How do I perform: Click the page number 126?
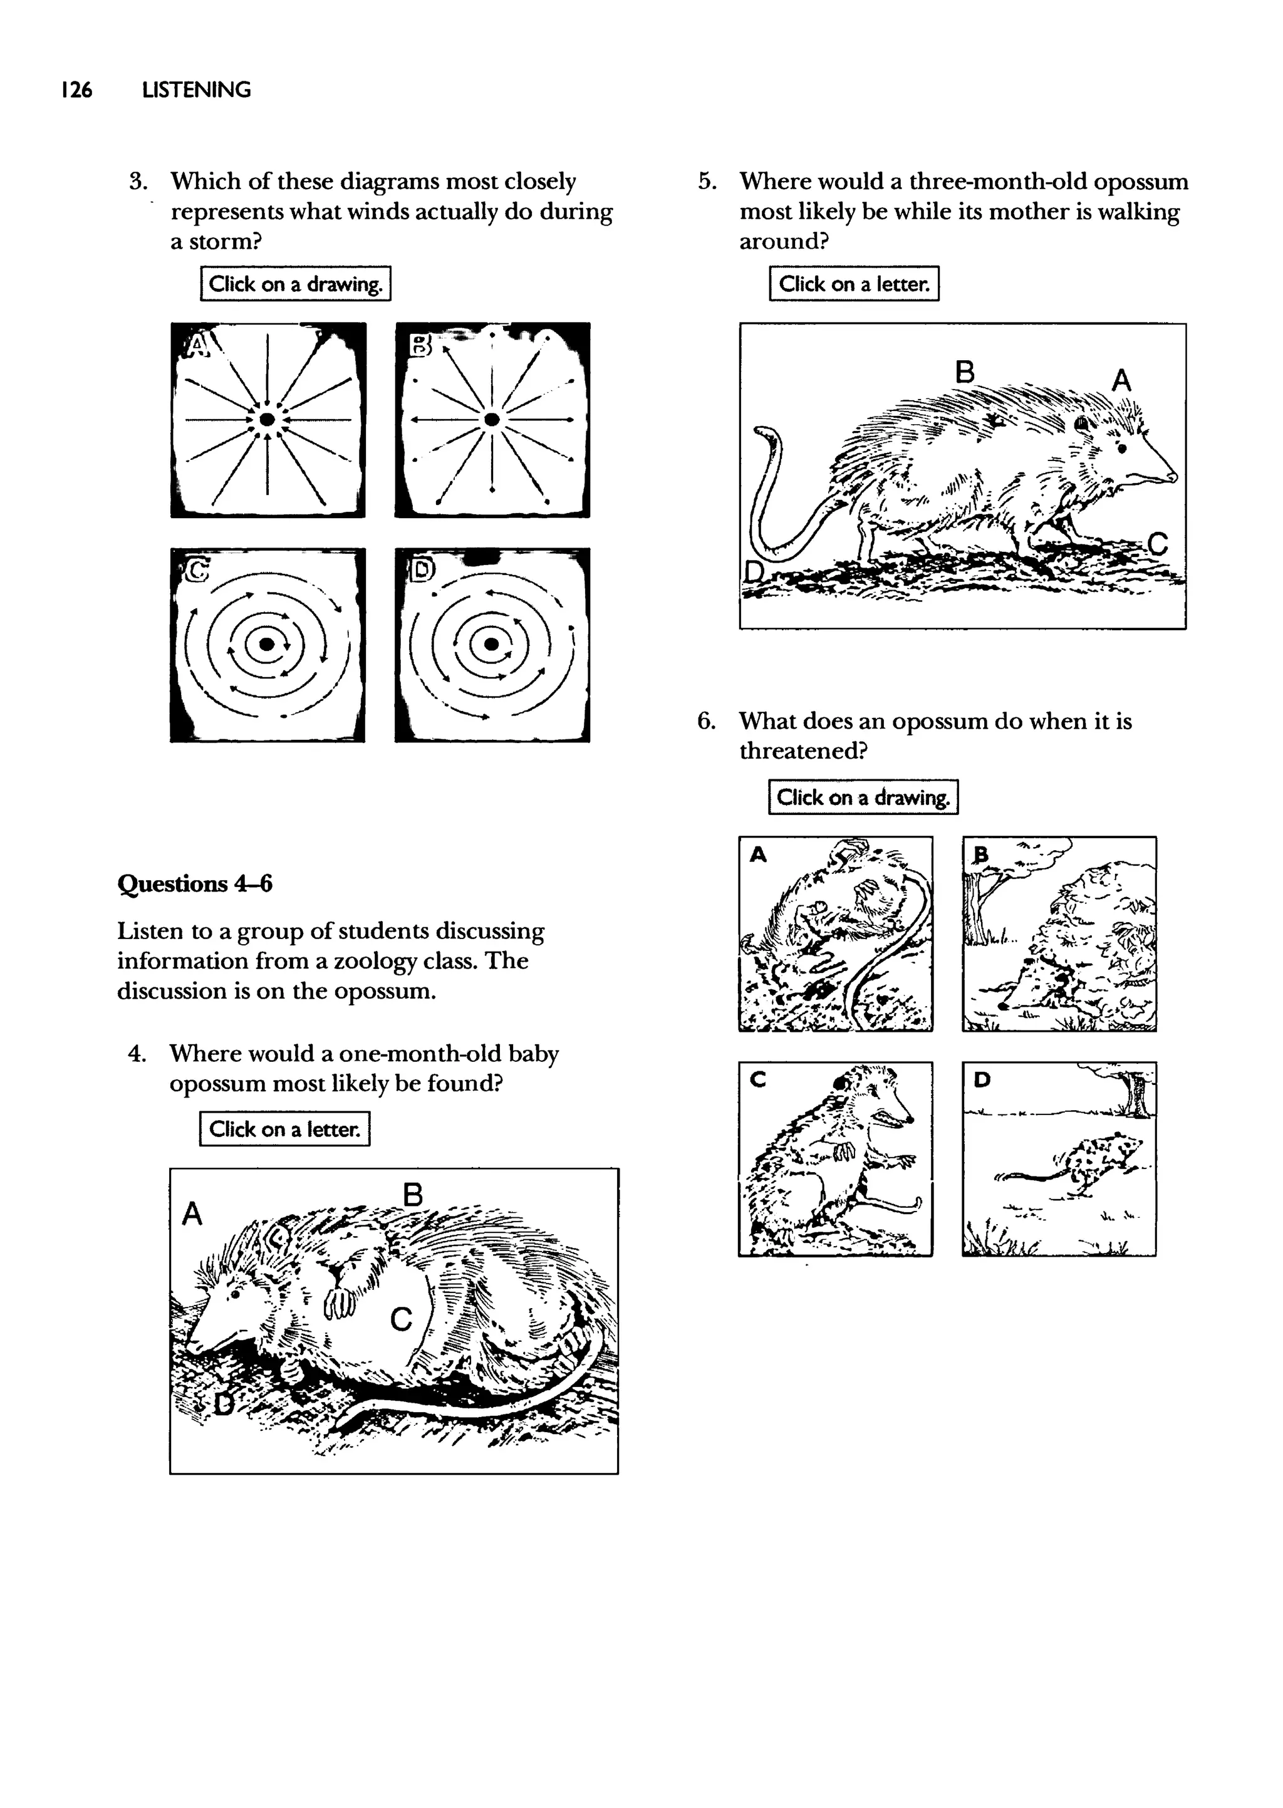[76, 90]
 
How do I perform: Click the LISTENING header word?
[196, 90]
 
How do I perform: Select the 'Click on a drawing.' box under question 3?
[296, 284]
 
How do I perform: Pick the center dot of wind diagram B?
[491, 418]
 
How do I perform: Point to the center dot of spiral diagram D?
[491, 645]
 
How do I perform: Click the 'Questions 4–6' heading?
[194, 883]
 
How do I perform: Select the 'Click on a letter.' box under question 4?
[284, 1129]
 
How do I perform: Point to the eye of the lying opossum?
[235, 1296]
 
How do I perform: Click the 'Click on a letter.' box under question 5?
[854, 284]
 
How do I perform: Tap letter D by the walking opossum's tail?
[754, 571]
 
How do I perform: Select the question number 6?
[705, 721]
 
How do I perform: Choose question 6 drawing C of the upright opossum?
[835, 1159]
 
